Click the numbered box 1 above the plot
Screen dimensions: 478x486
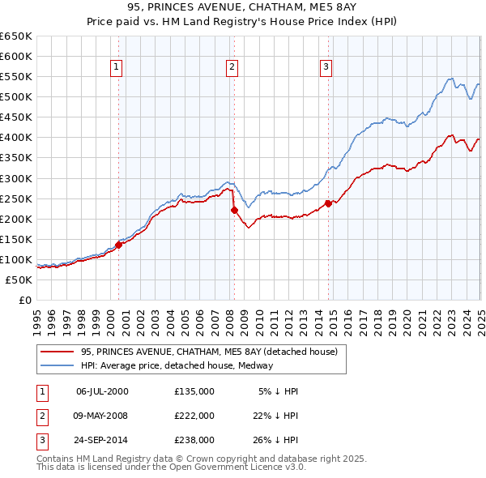(117, 68)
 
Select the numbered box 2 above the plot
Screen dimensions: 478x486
(232, 68)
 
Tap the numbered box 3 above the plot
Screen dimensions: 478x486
(326, 68)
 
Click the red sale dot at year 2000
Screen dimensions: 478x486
(118, 244)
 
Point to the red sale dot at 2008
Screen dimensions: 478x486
(234, 210)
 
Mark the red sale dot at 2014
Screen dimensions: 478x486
(328, 203)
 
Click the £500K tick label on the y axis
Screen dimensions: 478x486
(16, 97)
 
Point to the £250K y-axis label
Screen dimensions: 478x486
(16, 198)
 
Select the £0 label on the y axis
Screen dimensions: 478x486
(24, 300)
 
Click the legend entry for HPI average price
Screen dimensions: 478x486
(176, 365)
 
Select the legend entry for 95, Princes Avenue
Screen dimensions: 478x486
(213, 352)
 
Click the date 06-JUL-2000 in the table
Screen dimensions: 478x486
(102, 391)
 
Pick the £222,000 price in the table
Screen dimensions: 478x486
(194, 416)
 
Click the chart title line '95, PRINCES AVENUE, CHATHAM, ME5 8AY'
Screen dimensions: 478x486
(243, 10)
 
